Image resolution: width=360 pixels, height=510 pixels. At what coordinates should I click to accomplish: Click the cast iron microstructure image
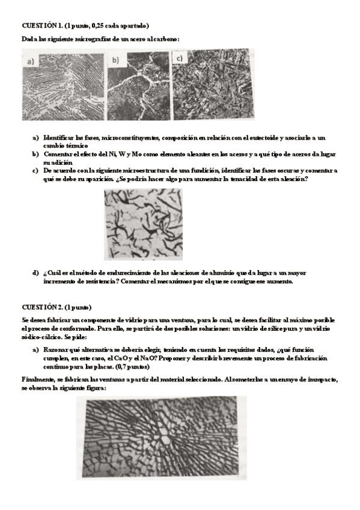[144, 225]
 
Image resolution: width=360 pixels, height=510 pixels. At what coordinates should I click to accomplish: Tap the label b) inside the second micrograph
[116, 60]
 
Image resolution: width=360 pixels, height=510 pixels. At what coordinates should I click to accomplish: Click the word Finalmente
[39, 380]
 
